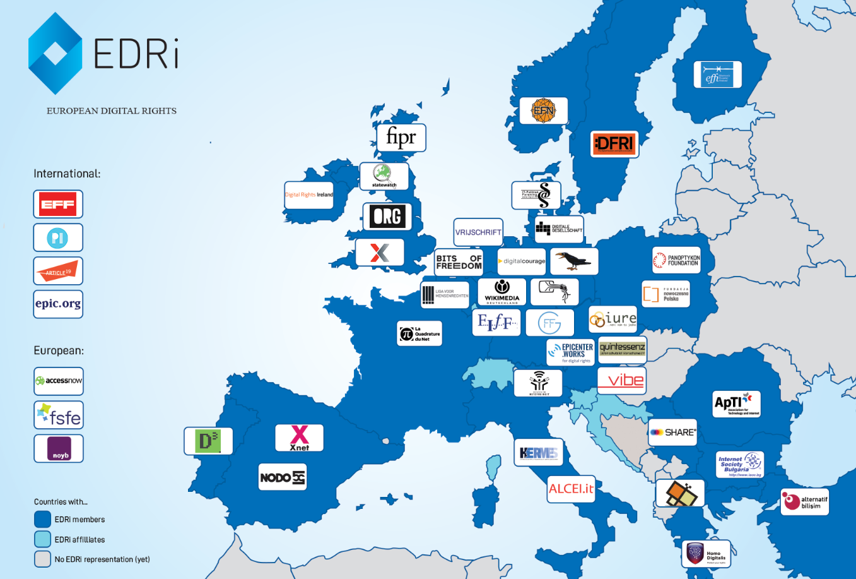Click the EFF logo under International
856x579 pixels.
point(58,204)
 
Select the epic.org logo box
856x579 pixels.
point(58,304)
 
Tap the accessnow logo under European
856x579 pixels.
point(59,381)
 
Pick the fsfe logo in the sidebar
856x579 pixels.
point(59,415)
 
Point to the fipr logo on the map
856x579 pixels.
point(401,137)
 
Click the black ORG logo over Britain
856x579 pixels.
point(387,217)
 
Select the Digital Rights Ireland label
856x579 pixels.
point(308,194)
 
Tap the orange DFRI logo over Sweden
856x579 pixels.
point(614,144)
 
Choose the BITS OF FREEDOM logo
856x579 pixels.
point(459,262)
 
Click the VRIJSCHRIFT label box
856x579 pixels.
point(478,232)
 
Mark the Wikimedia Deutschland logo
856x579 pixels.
point(501,292)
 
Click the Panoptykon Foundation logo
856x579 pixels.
point(676,260)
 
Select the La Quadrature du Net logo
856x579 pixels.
point(419,333)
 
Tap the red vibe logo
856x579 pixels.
point(621,380)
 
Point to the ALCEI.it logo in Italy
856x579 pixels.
point(571,489)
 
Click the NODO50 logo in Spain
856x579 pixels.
point(283,477)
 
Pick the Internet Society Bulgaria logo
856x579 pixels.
point(740,465)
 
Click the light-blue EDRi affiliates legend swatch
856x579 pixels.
point(42,539)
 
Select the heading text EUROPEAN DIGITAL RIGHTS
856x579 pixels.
point(112,110)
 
